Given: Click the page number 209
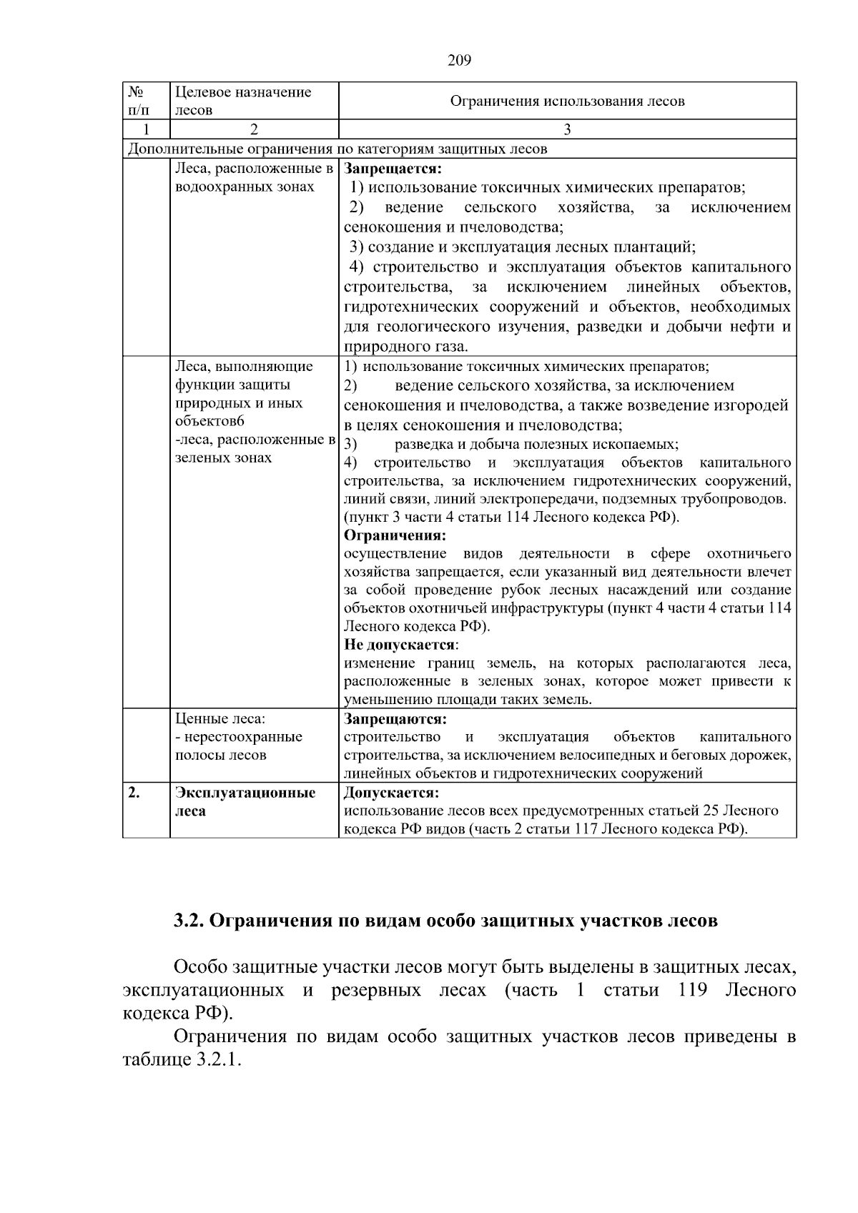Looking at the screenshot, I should click(x=459, y=61).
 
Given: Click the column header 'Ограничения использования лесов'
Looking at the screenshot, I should click(x=567, y=102).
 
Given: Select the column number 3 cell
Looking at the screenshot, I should click(x=567, y=129).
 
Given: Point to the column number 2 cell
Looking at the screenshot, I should click(x=254, y=129).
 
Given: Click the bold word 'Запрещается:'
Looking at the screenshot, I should click(x=393, y=169).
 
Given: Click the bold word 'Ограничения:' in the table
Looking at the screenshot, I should click(x=395, y=535).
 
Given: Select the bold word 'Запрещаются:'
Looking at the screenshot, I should click(x=395, y=718).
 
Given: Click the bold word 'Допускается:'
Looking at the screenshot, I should click(x=391, y=793).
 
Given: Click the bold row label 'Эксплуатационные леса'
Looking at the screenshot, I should click(x=245, y=801).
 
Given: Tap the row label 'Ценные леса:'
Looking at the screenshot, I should click(x=220, y=718).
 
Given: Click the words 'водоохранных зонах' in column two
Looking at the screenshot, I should click(x=245, y=187).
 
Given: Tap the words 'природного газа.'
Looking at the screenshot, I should click(x=406, y=347).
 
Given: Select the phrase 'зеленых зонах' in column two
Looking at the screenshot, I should click(x=223, y=457).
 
